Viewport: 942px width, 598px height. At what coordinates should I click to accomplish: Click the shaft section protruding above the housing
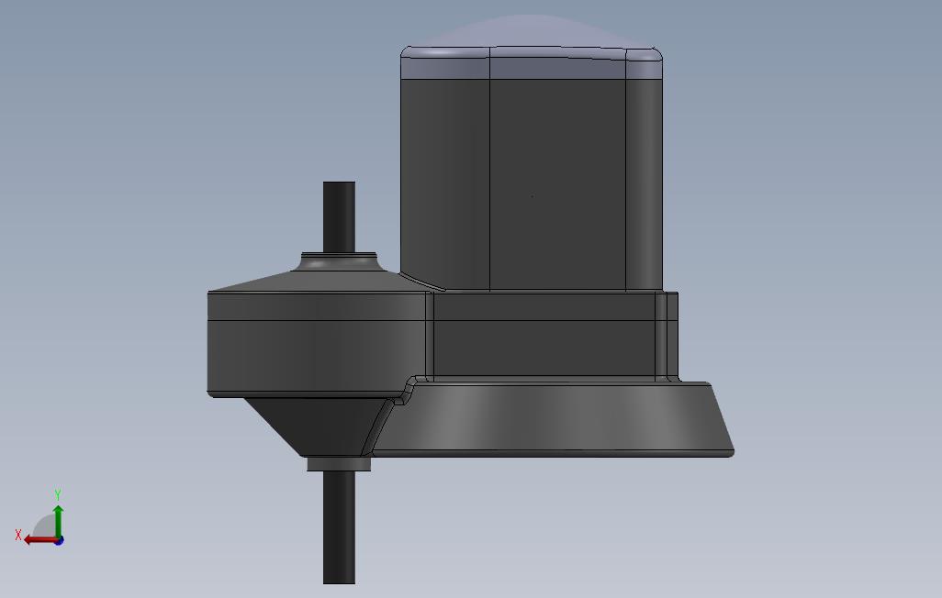pyautogui.click(x=339, y=215)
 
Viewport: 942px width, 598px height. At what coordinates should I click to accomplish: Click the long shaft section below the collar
pyautogui.click(x=339, y=527)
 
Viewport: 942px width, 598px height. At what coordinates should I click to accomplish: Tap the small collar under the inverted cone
pyautogui.click(x=339, y=464)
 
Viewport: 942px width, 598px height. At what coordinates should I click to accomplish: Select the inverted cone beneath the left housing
pyautogui.click(x=312, y=424)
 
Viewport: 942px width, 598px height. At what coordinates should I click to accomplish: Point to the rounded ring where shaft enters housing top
pyautogui.click(x=338, y=262)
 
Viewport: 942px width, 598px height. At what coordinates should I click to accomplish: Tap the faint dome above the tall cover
pyautogui.click(x=533, y=31)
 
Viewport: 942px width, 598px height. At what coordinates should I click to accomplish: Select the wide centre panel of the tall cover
pyautogui.click(x=557, y=183)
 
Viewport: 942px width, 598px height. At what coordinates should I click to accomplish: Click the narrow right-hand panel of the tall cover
pyautogui.click(x=645, y=183)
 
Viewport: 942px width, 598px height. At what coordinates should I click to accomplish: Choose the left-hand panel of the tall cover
pyautogui.click(x=445, y=183)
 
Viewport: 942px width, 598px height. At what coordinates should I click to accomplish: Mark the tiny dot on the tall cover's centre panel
pyautogui.click(x=533, y=196)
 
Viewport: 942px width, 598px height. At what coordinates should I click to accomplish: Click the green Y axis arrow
pyautogui.click(x=58, y=519)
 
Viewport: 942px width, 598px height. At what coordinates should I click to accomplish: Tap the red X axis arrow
pyautogui.click(x=38, y=539)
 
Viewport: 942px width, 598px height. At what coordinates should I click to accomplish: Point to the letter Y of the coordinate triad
pyautogui.click(x=58, y=495)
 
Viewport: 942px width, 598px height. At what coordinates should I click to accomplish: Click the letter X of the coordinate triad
pyautogui.click(x=18, y=535)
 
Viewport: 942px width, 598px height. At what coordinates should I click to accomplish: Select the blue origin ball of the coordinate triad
pyautogui.click(x=59, y=540)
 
